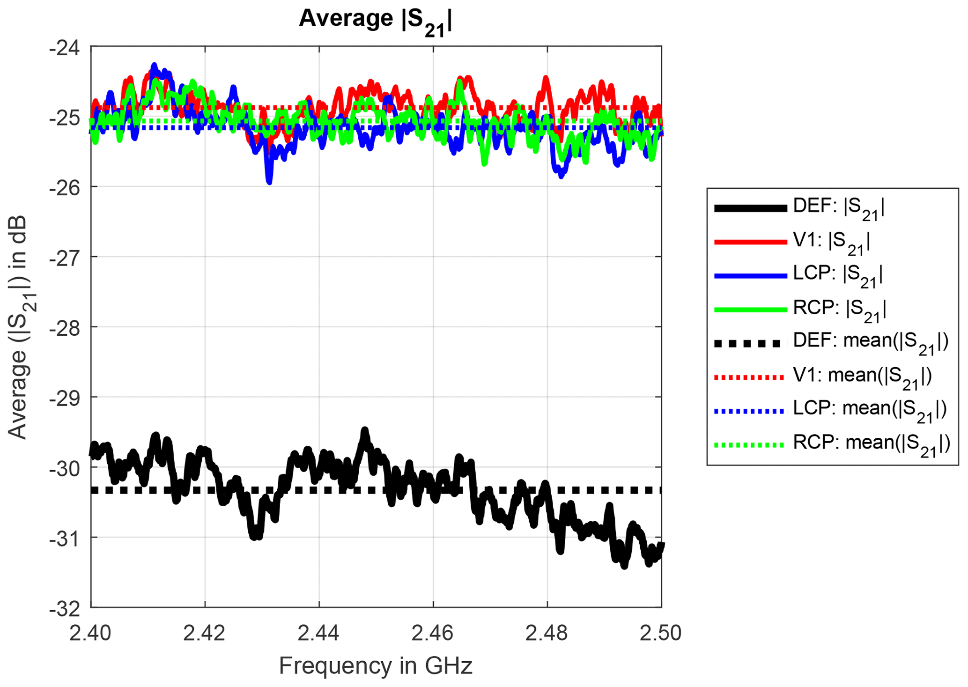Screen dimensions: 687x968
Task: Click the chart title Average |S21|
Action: pos(376,20)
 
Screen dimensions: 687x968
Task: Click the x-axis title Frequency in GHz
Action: pos(376,665)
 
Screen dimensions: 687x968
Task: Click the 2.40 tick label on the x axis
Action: pos(91,633)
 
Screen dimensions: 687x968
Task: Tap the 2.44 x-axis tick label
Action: pos(319,633)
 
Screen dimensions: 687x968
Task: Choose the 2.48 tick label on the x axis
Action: pos(547,633)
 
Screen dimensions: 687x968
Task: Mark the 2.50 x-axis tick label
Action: pos(661,633)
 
